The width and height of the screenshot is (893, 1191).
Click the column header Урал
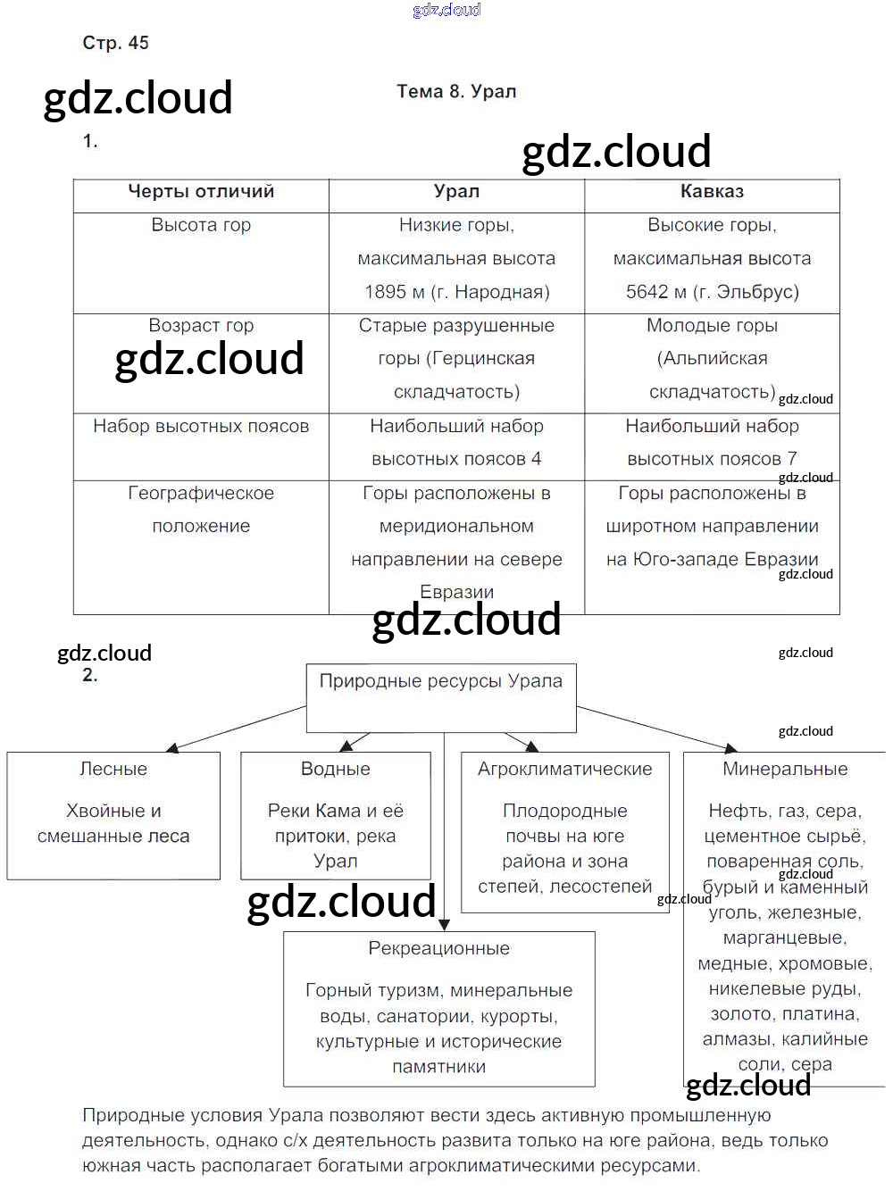(x=456, y=192)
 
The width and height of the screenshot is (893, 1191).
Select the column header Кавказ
(x=712, y=192)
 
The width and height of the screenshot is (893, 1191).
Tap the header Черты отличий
(x=201, y=192)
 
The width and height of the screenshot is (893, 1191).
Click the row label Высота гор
(x=201, y=225)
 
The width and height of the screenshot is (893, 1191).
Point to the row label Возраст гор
(x=201, y=326)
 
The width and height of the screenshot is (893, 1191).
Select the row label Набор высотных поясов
(x=201, y=427)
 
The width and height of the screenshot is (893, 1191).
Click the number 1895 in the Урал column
(x=386, y=292)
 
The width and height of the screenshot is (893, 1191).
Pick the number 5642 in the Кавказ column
(x=647, y=292)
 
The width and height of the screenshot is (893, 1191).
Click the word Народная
(x=501, y=292)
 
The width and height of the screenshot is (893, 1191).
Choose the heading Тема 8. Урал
(x=456, y=92)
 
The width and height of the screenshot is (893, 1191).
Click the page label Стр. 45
(x=115, y=43)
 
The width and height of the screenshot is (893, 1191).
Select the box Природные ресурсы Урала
(x=441, y=696)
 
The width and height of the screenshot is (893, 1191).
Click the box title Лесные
(x=113, y=770)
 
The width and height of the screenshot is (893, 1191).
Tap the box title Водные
(x=336, y=770)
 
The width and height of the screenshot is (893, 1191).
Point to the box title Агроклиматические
(x=564, y=770)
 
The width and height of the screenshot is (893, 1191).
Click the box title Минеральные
(x=785, y=770)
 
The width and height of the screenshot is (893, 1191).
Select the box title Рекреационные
(x=439, y=949)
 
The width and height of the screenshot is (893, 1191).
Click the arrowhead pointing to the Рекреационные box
(x=444, y=925)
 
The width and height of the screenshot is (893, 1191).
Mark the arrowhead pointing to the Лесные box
(x=171, y=747)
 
